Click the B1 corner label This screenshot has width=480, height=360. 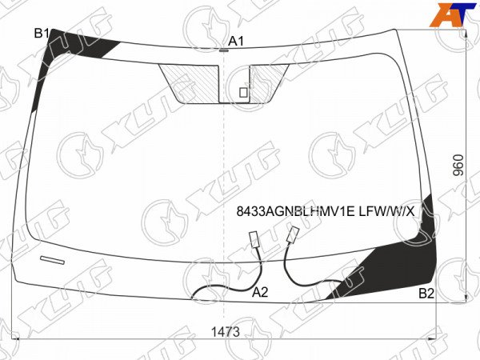[x=42, y=33]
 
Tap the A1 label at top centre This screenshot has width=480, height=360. [x=236, y=41]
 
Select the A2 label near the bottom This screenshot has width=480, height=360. [x=260, y=292]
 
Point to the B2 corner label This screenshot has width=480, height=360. [x=426, y=294]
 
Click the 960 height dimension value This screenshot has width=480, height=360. [x=458, y=166]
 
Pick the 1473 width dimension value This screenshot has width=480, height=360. [x=226, y=331]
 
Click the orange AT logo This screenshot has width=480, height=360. [x=453, y=14]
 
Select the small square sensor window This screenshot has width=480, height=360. [x=243, y=93]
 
